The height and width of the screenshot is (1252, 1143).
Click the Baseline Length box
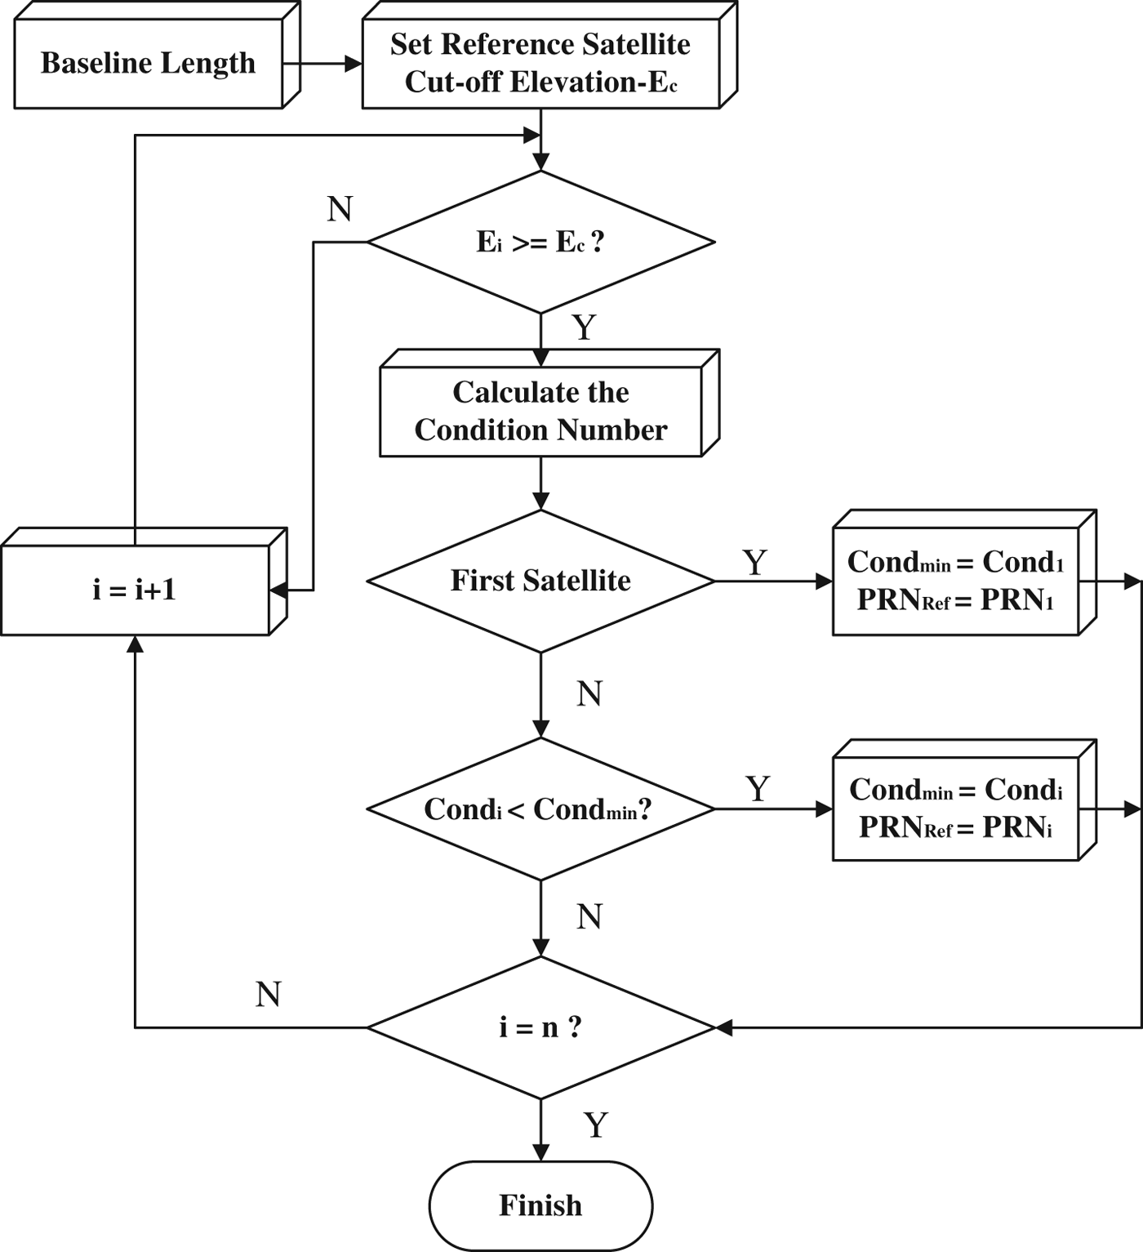(149, 64)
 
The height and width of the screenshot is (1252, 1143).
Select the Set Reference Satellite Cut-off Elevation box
(540, 63)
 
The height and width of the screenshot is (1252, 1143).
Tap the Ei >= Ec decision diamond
(540, 242)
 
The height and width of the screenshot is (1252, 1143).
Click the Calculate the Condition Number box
(540, 411)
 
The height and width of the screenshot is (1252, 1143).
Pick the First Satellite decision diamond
(540, 581)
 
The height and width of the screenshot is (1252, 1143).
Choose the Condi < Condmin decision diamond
(540, 809)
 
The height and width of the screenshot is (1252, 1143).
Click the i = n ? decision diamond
(540, 1027)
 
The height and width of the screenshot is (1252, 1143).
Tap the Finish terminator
(540, 1205)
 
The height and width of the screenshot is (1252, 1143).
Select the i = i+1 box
(135, 590)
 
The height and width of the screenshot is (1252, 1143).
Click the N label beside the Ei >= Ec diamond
(340, 210)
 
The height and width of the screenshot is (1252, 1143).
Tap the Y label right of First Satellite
(755, 563)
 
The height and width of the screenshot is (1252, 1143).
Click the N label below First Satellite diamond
(589, 694)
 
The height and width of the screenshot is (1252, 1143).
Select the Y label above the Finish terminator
(596, 1125)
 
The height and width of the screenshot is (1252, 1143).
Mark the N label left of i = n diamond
(269, 995)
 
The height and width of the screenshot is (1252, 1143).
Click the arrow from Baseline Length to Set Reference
(322, 64)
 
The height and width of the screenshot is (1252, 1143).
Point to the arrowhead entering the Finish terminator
(540, 1152)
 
